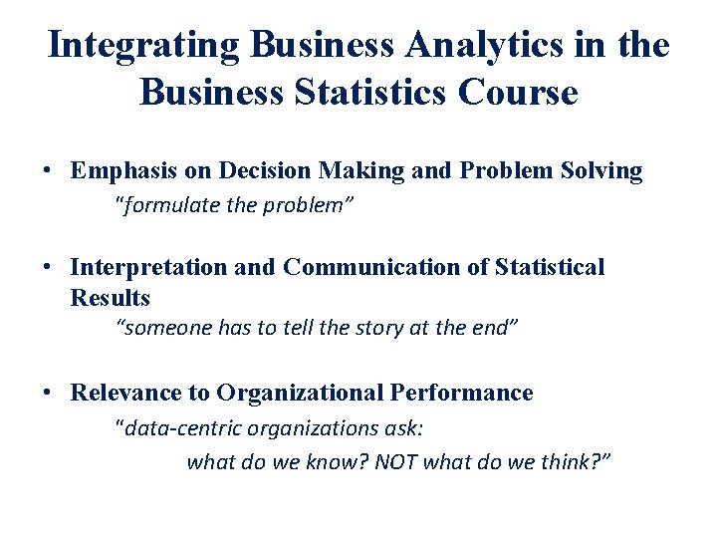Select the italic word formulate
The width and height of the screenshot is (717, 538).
[x=166, y=206]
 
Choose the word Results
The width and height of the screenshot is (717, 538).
[x=111, y=298]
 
